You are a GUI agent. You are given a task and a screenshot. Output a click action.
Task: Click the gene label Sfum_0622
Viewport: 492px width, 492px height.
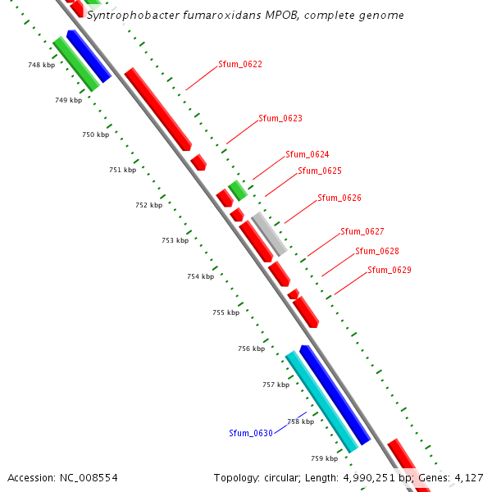240,64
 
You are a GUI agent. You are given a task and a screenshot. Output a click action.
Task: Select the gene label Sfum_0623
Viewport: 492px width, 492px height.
280,118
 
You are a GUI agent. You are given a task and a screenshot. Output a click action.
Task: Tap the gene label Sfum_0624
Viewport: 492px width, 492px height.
307,154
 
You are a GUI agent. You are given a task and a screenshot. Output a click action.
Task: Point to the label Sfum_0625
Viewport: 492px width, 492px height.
320,171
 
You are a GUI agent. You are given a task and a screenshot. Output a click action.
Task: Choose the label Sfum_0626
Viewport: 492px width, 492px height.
339,198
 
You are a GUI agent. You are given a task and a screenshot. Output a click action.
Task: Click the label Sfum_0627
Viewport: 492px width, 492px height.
362,231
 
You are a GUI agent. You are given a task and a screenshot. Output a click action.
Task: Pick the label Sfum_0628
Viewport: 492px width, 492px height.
377,251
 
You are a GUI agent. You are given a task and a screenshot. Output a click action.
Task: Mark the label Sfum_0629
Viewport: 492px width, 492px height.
389,270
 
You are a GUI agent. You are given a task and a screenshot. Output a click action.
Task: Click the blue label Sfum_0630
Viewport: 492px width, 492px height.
251,433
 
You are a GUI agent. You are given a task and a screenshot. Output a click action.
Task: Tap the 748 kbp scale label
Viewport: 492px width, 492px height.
41,65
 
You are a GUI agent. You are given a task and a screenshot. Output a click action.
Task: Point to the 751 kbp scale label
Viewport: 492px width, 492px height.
122,170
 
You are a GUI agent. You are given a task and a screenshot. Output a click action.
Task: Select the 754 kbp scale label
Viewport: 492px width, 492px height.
200,276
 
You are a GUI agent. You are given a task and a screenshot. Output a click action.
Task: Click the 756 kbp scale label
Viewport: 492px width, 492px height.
251,348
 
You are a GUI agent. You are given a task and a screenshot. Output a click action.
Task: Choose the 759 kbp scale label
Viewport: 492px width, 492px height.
324,458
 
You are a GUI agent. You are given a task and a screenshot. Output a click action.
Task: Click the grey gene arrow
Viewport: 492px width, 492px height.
269,234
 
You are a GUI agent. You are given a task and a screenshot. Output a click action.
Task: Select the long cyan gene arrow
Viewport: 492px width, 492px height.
321,402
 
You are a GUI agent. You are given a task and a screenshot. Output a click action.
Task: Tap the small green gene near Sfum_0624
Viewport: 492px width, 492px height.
238,191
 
